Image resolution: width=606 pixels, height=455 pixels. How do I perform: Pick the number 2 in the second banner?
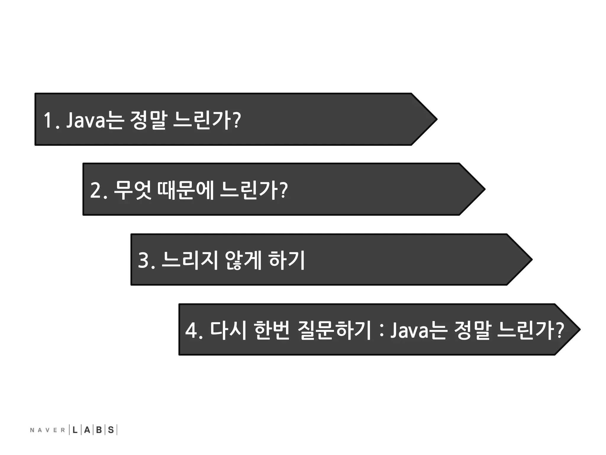coord(96,190)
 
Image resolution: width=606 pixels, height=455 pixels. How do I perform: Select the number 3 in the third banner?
coord(144,260)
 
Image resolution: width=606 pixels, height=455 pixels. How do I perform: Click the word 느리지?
coord(190,260)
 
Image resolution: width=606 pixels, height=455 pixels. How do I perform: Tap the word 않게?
coord(243,260)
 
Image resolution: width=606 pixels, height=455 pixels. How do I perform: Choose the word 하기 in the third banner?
coord(287,260)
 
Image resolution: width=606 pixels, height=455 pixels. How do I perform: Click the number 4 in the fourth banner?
coord(191,330)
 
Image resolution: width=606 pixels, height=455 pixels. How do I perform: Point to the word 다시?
coord(228,330)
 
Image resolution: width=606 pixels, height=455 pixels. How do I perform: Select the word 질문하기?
coord(334,330)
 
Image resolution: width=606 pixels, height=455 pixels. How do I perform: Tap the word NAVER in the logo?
coord(47,430)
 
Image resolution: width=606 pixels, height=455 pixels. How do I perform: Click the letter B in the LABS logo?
coord(99,430)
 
